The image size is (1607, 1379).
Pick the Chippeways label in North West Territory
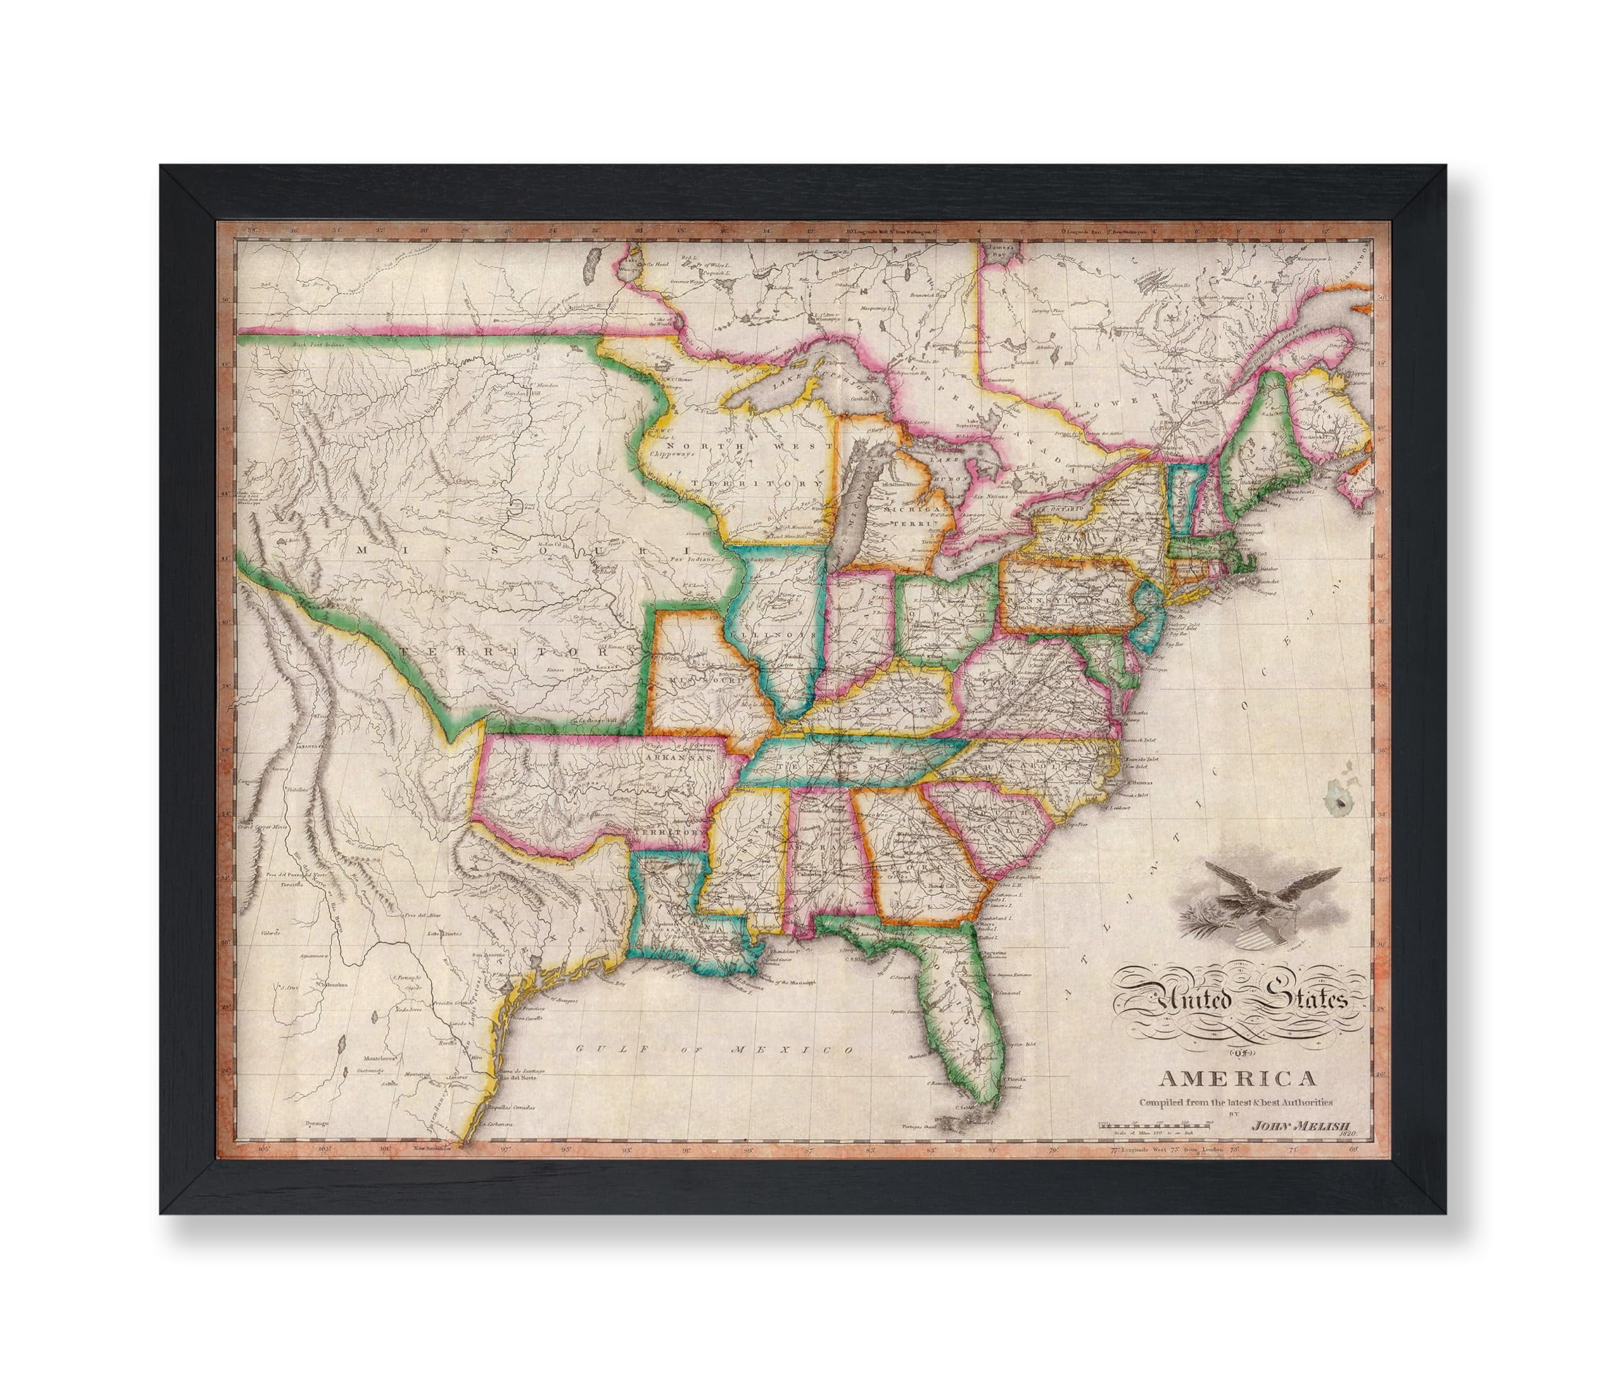(x=673, y=453)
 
